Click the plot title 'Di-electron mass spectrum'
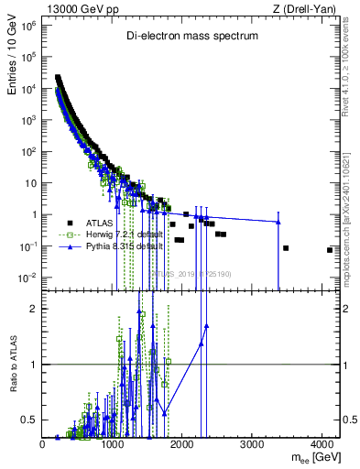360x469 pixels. pos(192,36)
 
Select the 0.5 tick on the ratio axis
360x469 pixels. pos(29,420)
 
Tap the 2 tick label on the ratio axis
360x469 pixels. pos(34,309)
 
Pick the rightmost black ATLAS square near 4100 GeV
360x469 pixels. pos(329,250)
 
